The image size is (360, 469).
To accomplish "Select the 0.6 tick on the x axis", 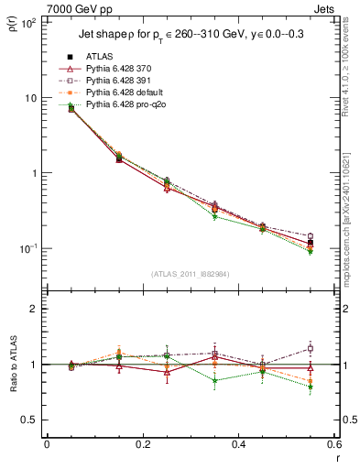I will click(x=333, y=444).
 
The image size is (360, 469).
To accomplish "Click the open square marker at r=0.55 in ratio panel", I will click(x=311, y=348).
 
